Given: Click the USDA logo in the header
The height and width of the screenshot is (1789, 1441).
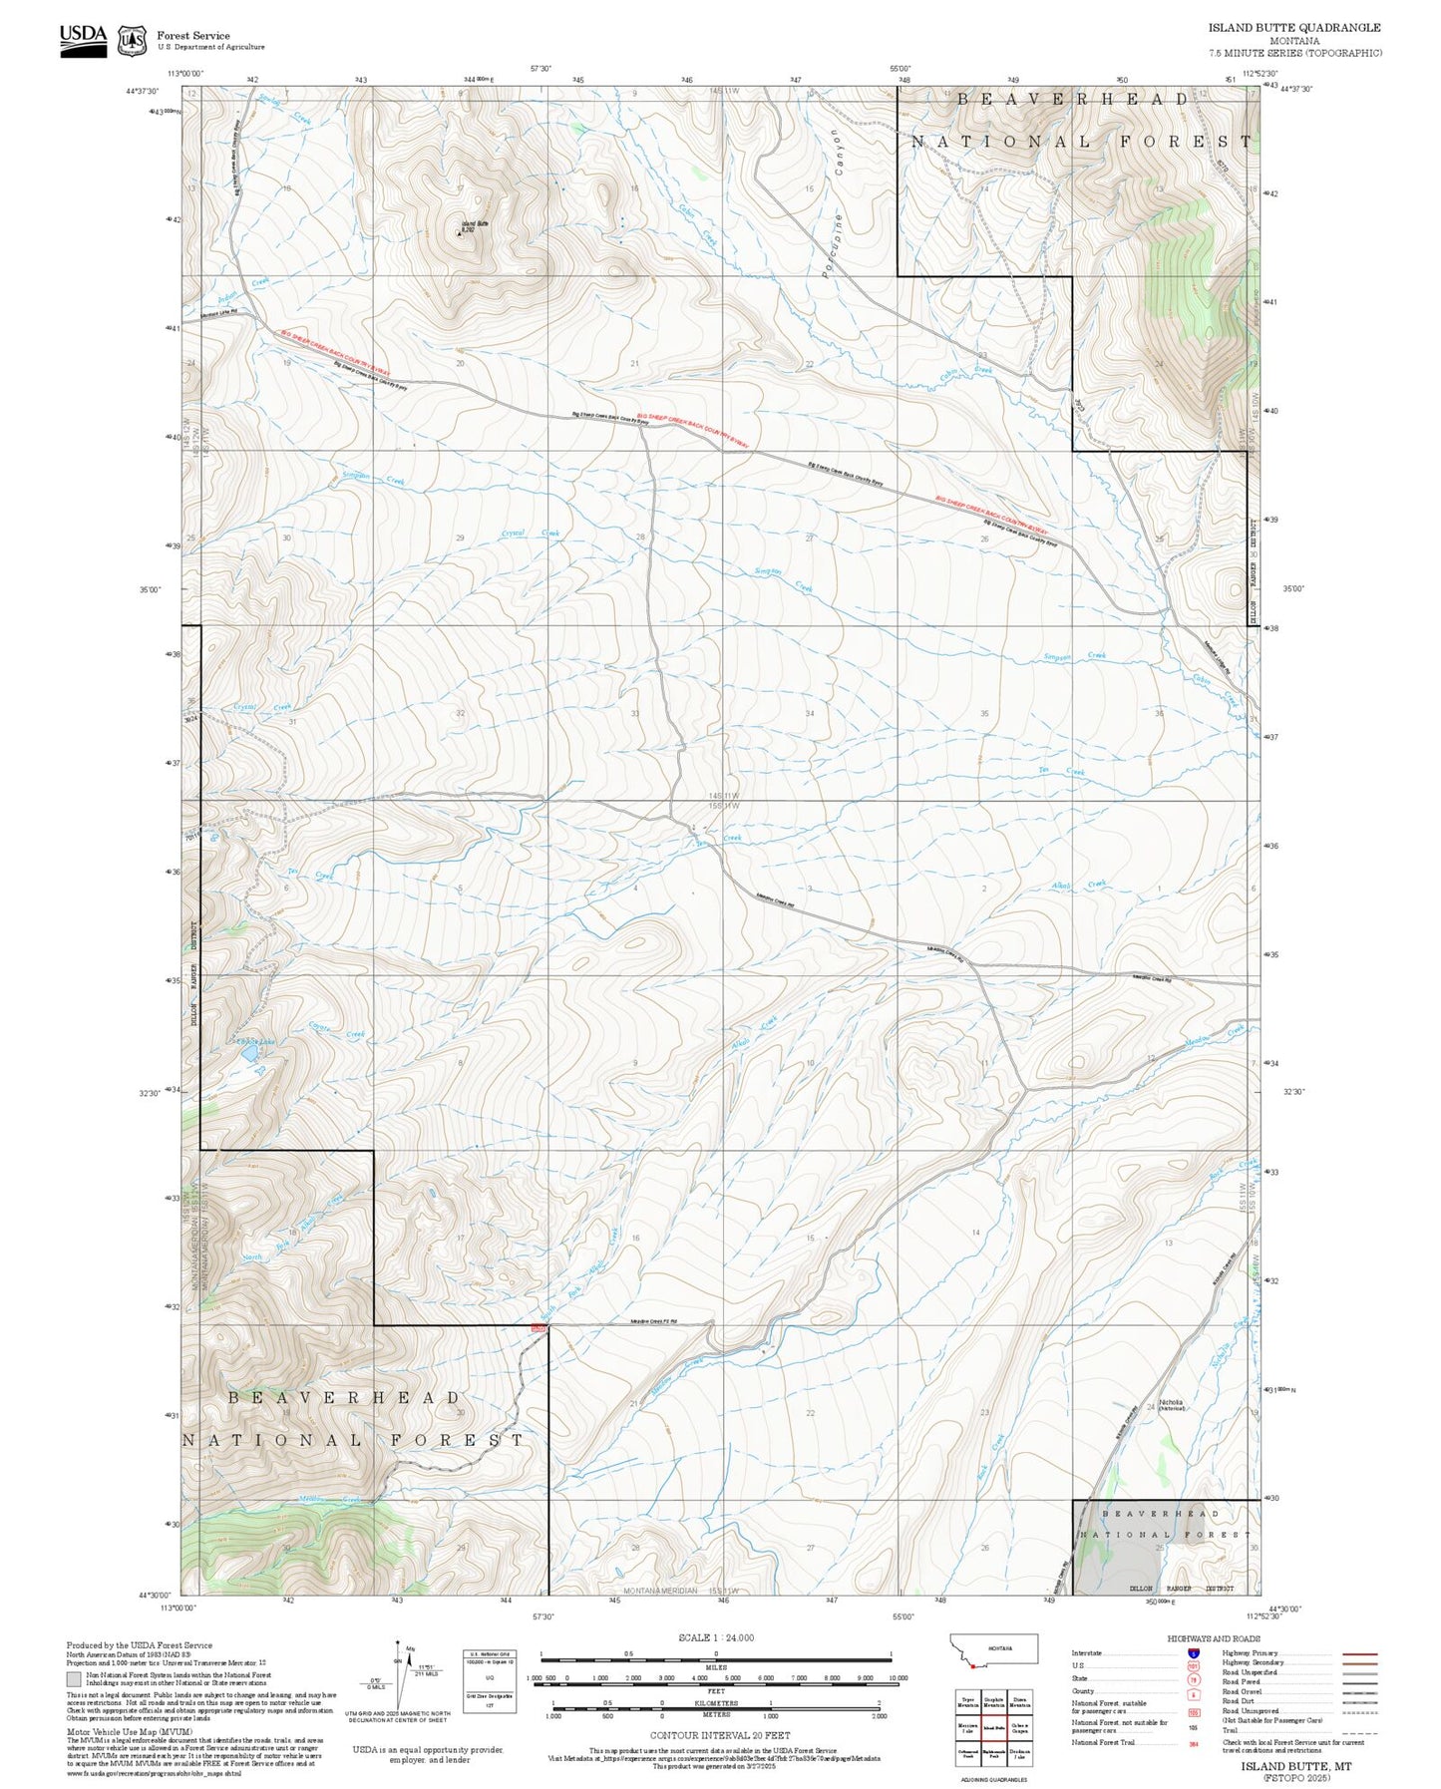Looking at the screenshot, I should pyautogui.click(x=83, y=39).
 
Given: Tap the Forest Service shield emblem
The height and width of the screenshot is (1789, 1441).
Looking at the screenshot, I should pyautogui.click(x=131, y=41).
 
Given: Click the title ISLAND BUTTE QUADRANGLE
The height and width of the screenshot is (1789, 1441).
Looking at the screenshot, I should pyautogui.click(x=1294, y=28).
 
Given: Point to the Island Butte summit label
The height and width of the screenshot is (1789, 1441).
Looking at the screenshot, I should pyautogui.click(x=475, y=224).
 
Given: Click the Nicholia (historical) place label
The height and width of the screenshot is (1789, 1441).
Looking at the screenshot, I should pyautogui.click(x=1171, y=1404).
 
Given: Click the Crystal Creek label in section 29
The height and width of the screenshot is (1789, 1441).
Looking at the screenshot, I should pyautogui.click(x=530, y=534).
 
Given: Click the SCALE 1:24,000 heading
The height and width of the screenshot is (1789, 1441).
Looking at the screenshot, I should pyautogui.click(x=715, y=1637).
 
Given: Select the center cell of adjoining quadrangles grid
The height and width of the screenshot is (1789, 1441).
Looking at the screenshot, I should pyautogui.click(x=992, y=1727).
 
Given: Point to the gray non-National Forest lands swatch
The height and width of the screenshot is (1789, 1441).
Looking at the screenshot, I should pyautogui.click(x=74, y=1679).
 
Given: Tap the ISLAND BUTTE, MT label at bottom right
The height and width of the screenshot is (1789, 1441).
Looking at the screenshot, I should pyautogui.click(x=1295, y=1765).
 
